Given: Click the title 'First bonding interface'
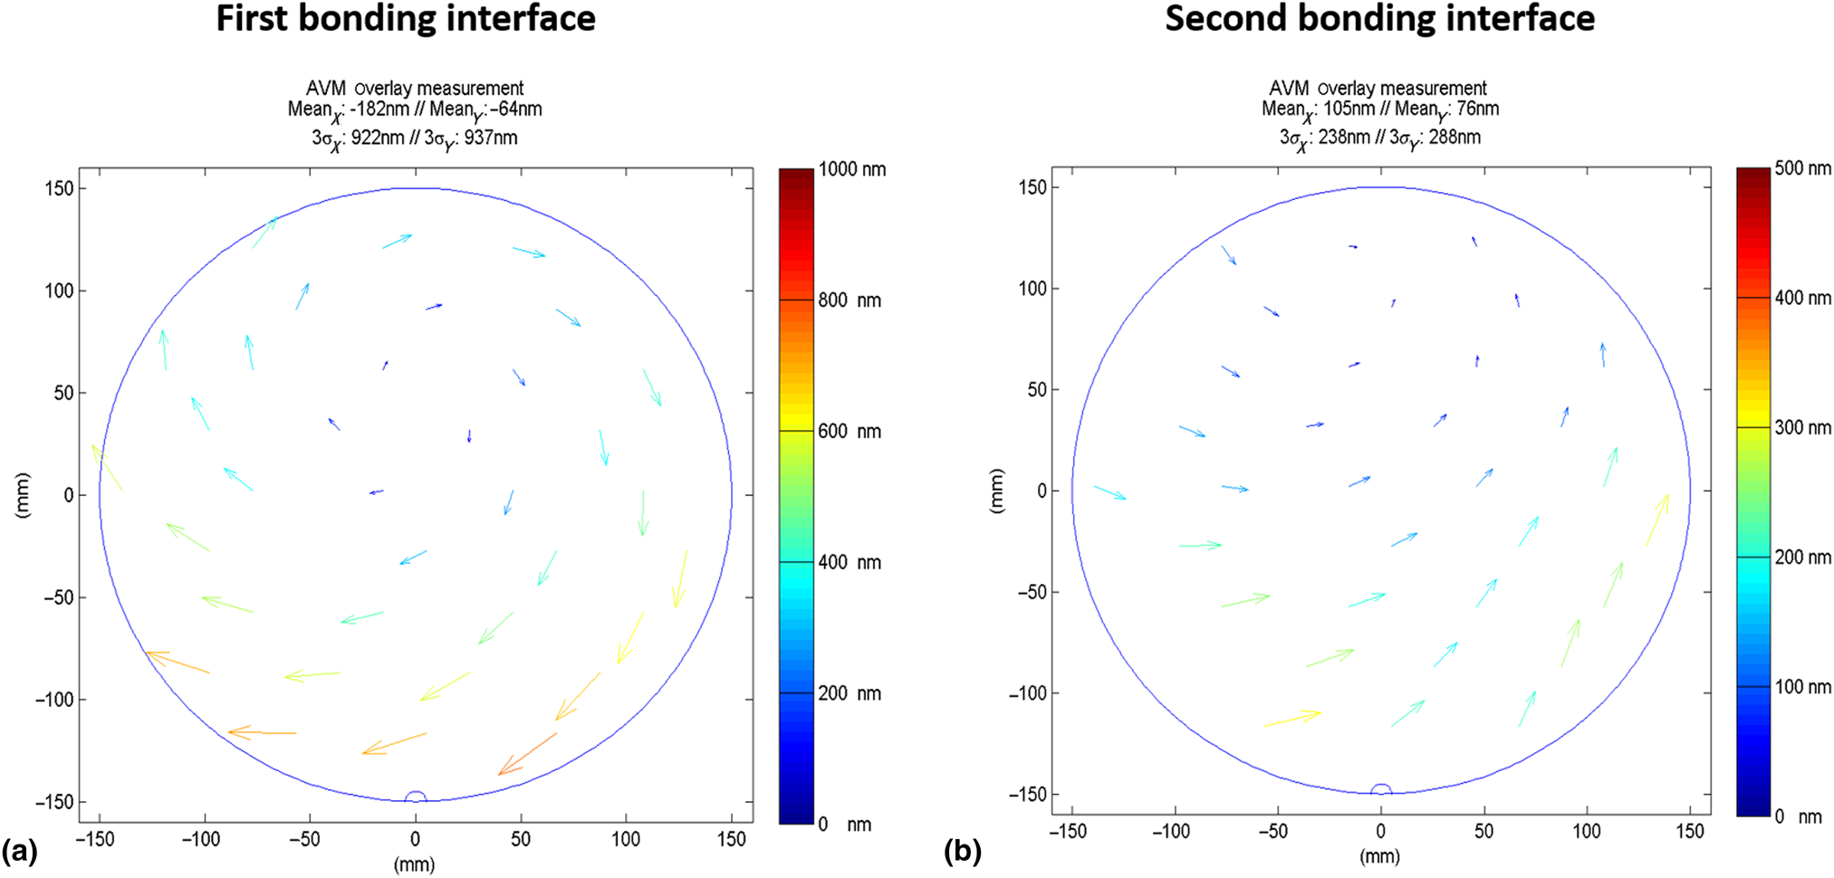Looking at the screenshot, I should click(x=405, y=19).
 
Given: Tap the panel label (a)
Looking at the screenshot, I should click(x=20, y=851).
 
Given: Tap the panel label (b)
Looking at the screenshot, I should click(x=962, y=851).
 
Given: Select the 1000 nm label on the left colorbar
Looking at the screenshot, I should click(x=851, y=169).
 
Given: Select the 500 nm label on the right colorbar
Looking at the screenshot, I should click(x=1802, y=168).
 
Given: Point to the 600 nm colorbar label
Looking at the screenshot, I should click(x=849, y=431).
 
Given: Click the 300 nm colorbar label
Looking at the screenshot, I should click(x=1802, y=427).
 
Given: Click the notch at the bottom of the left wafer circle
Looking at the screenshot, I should click(x=415, y=797).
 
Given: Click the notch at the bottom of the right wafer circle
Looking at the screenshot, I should click(x=1380, y=789).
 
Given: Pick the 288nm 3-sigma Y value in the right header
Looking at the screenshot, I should click(x=1455, y=138).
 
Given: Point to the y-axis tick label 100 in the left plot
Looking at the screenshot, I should click(x=59, y=291).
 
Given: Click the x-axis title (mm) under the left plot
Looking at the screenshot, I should click(x=414, y=864).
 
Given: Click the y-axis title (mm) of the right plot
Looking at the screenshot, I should click(x=996, y=491).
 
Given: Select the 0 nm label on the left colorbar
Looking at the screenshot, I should click(x=844, y=825).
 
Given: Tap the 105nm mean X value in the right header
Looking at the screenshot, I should click(x=1349, y=110).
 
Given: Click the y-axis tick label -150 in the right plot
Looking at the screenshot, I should click(x=1027, y=794).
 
